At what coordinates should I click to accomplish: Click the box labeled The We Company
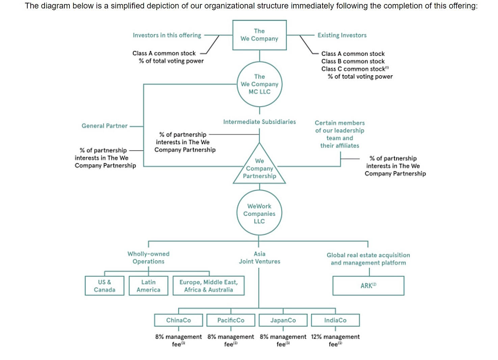pos(259,35)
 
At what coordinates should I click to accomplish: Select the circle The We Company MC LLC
pos(259,84)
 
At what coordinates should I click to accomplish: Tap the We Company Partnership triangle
pos(259,169)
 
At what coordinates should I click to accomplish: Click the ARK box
pos(368,286)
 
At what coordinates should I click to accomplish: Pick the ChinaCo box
pos(178,320)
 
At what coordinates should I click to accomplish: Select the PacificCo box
pos(231,320)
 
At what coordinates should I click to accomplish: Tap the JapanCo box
pos(283,320)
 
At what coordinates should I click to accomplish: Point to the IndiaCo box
pos(335,320)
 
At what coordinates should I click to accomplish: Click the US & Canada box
pos(104,286)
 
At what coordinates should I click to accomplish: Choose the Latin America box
pos(148,286)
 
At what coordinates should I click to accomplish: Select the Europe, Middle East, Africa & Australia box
pos(209,286)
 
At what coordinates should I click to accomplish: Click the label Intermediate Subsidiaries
pos(259,122)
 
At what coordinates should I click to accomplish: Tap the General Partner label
pos(105,126)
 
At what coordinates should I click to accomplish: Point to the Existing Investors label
pos(342,35)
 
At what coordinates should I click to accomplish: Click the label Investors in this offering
pos(167,35)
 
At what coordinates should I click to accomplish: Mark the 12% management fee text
pos(335,340)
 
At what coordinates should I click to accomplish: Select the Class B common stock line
pos(353,61)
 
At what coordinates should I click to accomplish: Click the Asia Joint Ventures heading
pos(259,258)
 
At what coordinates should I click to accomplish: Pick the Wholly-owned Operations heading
pos(148,258)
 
